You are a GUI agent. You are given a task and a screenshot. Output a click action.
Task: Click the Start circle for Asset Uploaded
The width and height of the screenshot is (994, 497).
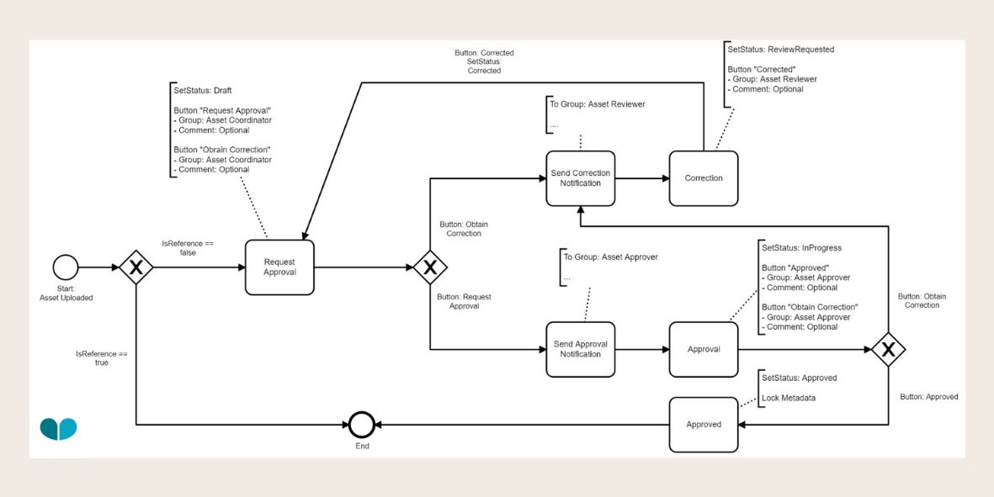66,267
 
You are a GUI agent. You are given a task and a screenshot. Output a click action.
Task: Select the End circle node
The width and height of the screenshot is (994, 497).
362,424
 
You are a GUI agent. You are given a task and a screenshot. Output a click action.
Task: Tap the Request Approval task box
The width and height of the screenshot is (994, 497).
279,267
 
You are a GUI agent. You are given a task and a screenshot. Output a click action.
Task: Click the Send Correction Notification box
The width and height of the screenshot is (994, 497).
580,178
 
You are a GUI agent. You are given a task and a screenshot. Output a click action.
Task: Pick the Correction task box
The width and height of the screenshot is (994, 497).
704,178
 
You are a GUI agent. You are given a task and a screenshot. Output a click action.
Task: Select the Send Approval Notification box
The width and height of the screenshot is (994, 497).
580,349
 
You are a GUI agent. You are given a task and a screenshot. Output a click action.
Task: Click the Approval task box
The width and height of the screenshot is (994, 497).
704,349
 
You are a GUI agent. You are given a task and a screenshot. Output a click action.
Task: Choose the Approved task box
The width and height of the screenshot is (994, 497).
704,424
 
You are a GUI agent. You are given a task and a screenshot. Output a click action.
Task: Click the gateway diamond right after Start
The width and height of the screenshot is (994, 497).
136,267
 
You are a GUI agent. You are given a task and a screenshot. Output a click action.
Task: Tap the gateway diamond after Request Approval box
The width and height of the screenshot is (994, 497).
429,267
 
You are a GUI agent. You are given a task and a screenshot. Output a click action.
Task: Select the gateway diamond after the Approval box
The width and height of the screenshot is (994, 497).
888,349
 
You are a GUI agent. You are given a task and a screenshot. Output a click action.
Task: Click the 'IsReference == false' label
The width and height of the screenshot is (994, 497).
188,247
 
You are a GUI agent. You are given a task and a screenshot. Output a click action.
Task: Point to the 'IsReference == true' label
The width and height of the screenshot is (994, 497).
101,358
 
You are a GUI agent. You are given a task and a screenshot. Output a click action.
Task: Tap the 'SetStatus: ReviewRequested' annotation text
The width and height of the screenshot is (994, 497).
780,50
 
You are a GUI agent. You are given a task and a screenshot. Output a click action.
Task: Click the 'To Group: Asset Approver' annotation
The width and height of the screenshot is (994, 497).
610,257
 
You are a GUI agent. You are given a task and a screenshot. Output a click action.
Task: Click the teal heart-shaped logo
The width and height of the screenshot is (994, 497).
58,429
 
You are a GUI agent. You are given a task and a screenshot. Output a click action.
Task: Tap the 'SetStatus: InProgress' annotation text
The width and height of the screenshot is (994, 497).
801,248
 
